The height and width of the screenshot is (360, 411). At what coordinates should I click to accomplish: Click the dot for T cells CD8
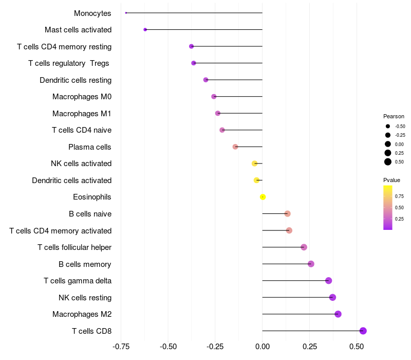click(363, 331)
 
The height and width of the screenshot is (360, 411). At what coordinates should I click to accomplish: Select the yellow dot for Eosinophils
click(263, 197)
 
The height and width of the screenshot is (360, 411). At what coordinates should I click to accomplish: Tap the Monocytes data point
click(126, 13)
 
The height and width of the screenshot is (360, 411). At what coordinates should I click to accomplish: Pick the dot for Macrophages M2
click(338, 314)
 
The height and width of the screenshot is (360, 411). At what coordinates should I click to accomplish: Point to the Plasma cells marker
click(235, 147)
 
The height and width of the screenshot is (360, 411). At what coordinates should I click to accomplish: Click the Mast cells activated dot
click(145, 30)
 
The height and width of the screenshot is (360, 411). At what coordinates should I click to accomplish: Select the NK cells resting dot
click(332, 297)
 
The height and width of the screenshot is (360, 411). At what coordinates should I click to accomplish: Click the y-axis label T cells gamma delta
click(78, 281)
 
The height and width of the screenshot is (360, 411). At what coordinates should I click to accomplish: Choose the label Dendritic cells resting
click(76, 80)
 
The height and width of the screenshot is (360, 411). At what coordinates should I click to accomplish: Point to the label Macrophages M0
click(82, 97)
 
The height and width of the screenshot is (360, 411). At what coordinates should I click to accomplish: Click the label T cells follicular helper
click(74, 247)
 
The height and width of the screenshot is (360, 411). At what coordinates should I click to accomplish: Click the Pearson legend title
click(394, 116)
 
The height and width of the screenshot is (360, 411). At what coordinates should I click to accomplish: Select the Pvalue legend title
click(391, 180)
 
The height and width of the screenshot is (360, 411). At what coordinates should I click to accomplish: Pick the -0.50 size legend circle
click(388, 126)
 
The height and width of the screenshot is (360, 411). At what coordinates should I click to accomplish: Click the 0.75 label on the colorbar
click(399, 196)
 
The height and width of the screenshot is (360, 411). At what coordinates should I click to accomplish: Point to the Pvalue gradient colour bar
click(387, 207)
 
